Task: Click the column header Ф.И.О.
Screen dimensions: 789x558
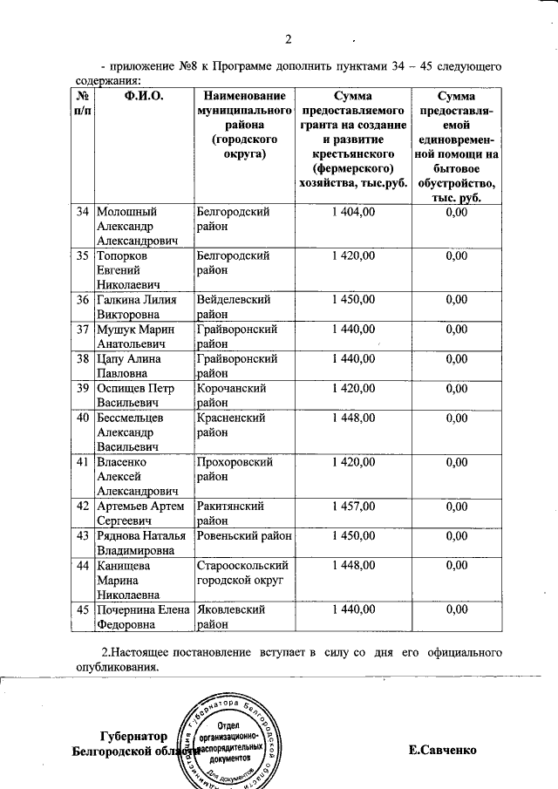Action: coord(144,95)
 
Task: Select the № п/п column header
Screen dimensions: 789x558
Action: coord(82,103)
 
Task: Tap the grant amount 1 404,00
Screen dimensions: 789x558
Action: coord(353,212)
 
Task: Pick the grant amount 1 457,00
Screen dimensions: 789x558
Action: coord(353,506)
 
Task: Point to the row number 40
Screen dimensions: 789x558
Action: coord(83,417)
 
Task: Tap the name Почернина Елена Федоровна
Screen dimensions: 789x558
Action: coord(142,617)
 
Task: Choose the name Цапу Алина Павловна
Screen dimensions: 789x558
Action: coord(132,366)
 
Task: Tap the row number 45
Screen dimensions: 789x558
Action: coord(83,610)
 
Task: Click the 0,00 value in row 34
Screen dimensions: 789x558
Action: coord(456,212)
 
